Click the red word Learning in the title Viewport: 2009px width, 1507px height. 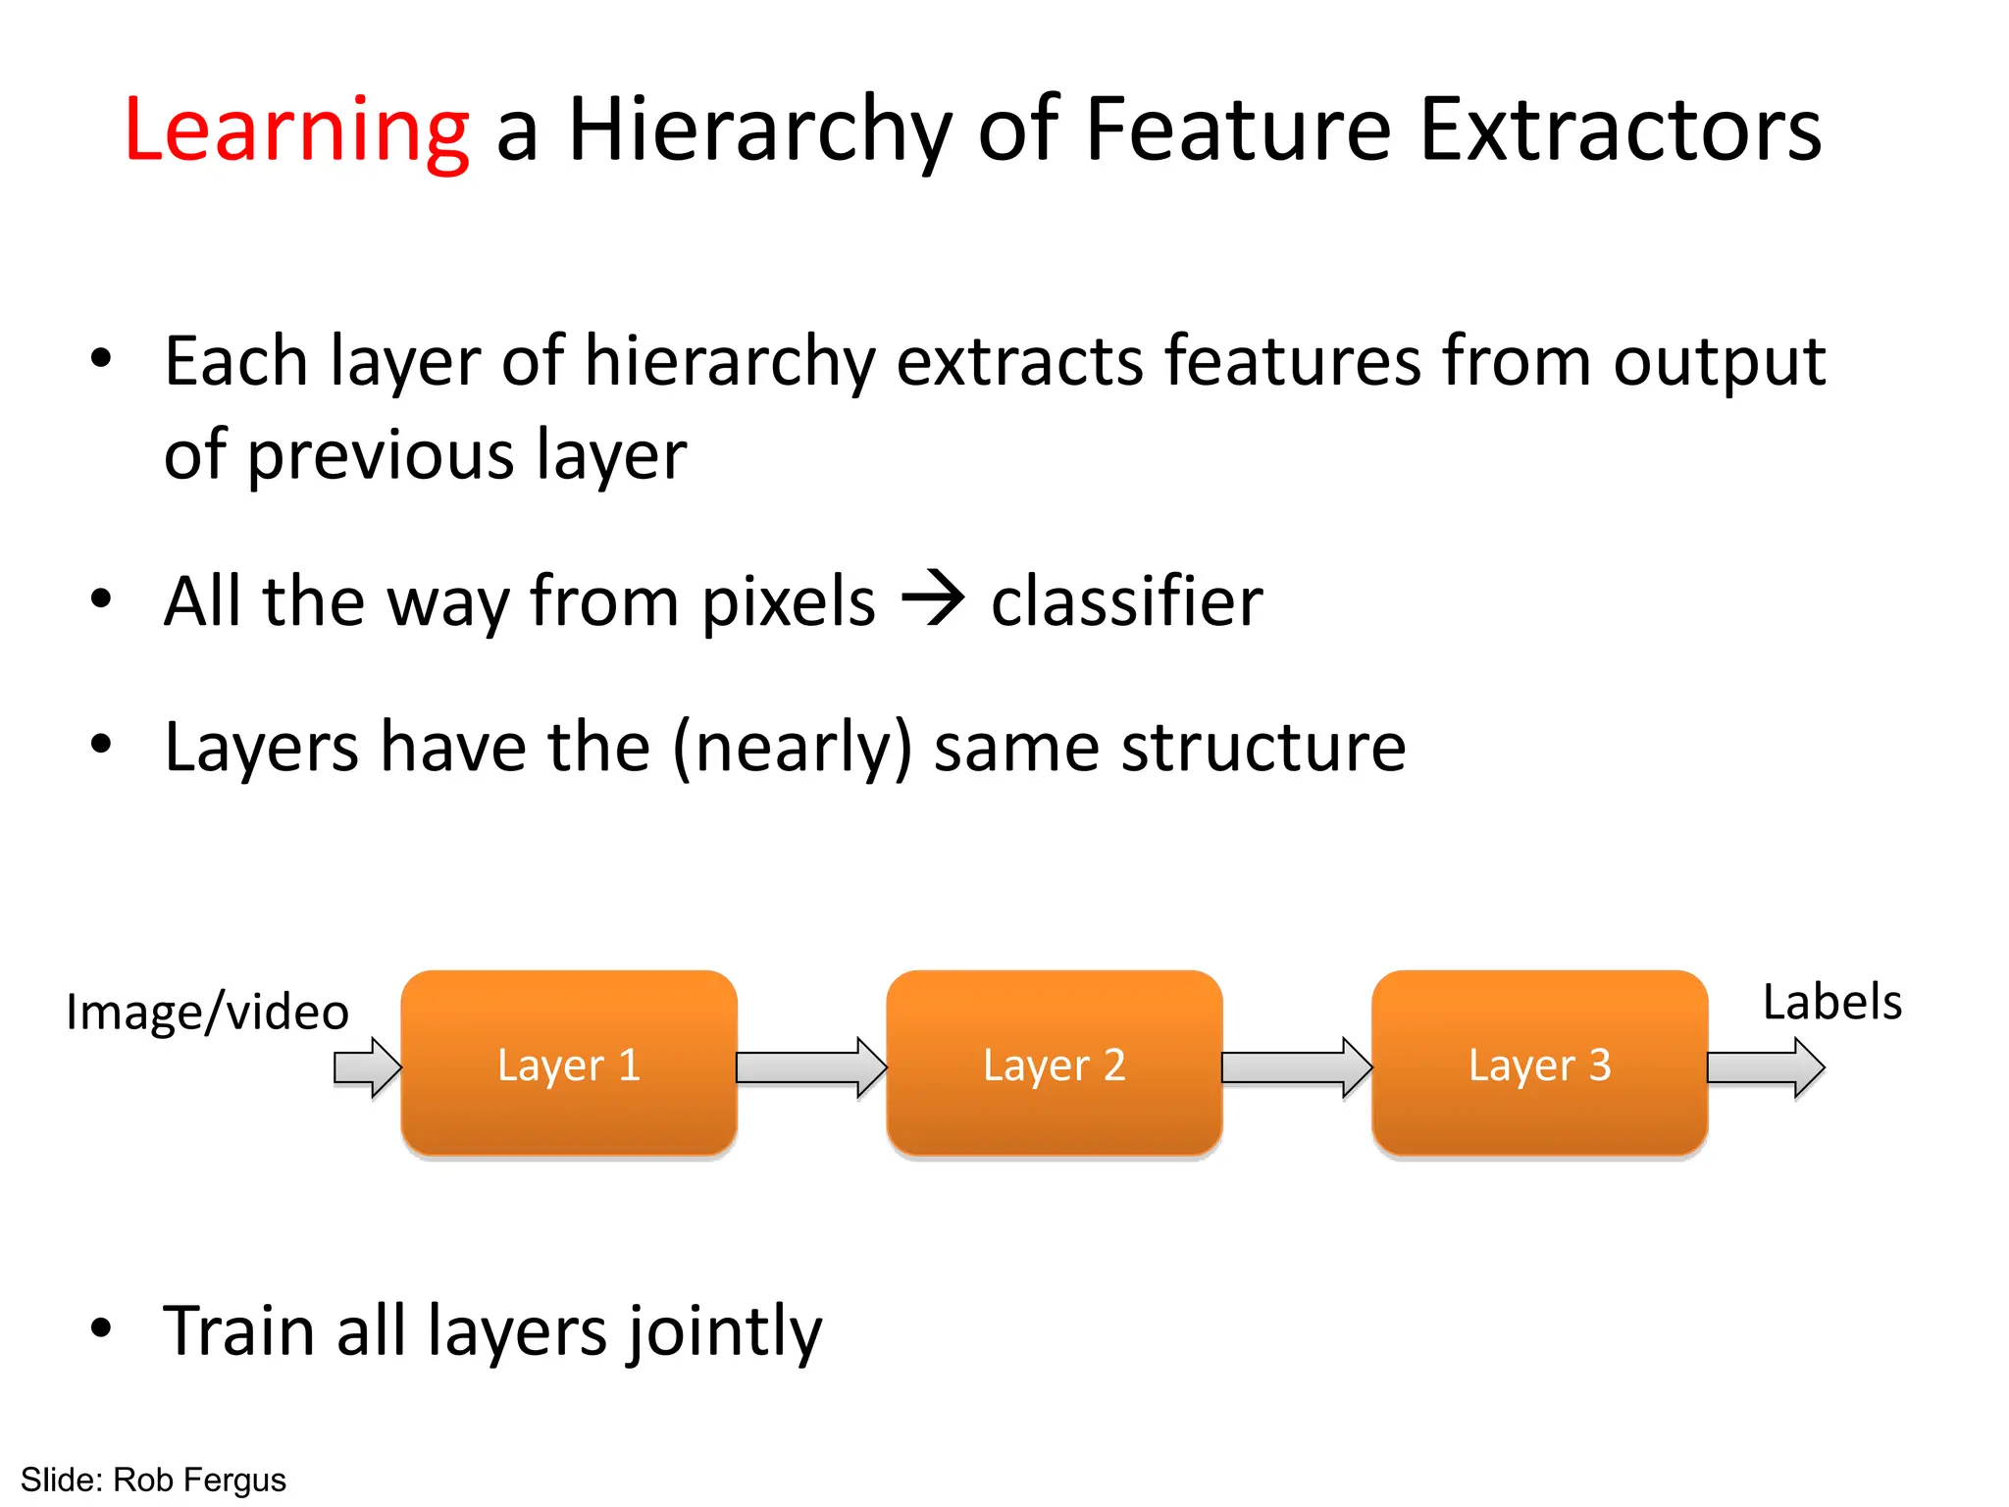[x=296, y=130]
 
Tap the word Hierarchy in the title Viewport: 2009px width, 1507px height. [x=760, y=130]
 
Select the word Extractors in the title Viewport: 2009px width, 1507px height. [x=1621, y=130]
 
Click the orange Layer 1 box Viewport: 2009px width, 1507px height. [x=569, y=1065]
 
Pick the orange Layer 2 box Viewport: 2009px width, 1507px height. [x=1055, y=1065]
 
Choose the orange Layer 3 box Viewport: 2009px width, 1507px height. [x=1539, y=1065]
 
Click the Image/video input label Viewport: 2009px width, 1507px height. [x=207, y=1013]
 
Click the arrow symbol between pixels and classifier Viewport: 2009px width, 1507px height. [x=933, y=598]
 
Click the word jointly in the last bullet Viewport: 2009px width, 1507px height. [x=725, y=1332]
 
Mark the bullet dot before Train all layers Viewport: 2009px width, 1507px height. [x=101, y=1328]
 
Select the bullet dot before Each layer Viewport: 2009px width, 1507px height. [x=101, y=358]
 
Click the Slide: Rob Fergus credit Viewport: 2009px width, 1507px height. [x=153, y=1480]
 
